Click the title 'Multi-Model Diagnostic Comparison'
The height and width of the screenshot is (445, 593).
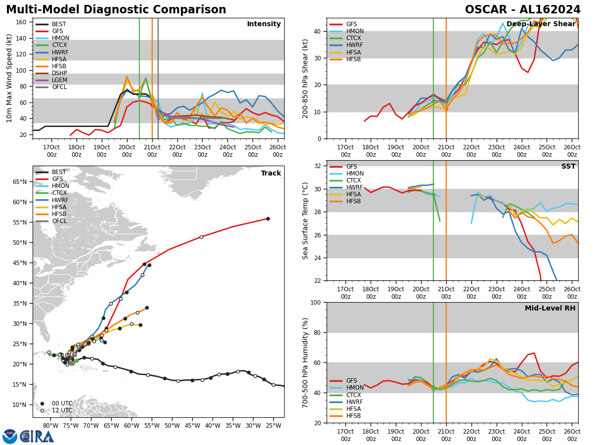[116, 10]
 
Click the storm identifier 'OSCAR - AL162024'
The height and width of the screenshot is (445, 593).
[522, 10]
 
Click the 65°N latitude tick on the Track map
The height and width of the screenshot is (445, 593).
[22, 181]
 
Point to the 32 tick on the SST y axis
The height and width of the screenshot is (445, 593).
[318, 166]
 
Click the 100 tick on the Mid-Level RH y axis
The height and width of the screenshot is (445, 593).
[316, 302]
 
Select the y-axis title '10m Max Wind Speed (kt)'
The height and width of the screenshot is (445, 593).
[9, 78]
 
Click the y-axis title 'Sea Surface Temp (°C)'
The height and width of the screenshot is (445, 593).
[305, 221]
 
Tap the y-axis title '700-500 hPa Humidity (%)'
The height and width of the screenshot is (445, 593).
[305, 362]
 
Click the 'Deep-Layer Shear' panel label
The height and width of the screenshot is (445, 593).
[541, 24]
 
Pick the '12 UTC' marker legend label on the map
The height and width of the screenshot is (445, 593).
[61, 410]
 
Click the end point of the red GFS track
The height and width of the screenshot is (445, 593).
[268, 219]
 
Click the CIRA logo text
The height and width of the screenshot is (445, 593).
[37, 436]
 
